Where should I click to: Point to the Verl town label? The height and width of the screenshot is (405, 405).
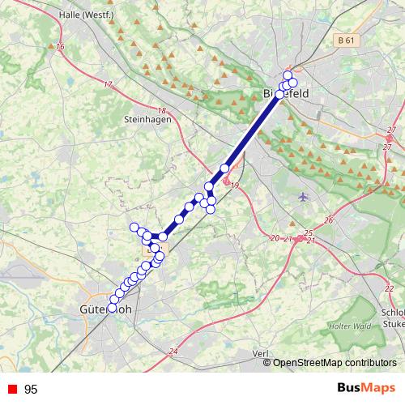[x=260, y=353]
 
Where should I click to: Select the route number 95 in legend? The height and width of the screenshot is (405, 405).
[x=32, y=390]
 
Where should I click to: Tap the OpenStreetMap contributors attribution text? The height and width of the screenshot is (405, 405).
[x=335, y=363]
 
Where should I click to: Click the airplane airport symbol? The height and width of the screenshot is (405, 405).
[x=304, y=196]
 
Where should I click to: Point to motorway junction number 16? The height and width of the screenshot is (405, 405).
[x=61, y=47]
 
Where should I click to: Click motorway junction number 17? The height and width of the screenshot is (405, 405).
[x=108, y=84]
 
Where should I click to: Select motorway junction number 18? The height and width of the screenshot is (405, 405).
[x=161, y=111]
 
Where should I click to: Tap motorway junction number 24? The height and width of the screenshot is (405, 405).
[x=173, y=351]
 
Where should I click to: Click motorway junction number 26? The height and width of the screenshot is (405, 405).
[x=329, y=220]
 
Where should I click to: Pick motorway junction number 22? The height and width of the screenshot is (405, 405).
[x=390, y=288]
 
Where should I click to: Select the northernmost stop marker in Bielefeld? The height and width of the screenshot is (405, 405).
[x=288, y=75]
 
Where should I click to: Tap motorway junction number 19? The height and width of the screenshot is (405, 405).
[x=236, y=187]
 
